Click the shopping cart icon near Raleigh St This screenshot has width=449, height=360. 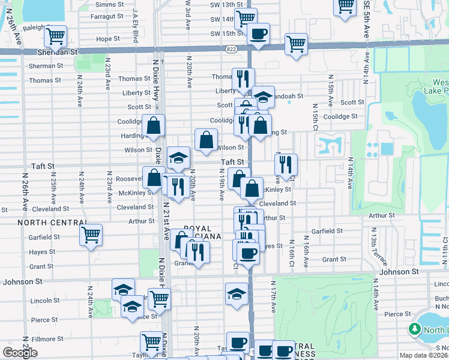[x=55, y=35]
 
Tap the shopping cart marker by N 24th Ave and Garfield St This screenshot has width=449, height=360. [x=91, y=235]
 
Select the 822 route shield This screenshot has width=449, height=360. [x=232, y=49]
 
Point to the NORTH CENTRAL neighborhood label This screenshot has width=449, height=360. [x=46, y=222]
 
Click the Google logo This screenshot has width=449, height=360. [x=20, y=353]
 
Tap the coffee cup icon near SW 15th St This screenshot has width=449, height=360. [x=259, y=34]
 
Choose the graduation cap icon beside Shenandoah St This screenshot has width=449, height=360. [x=262, y=97]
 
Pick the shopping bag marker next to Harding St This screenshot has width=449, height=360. [x=154, y=125]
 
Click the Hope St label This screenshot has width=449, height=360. [x=108, y=39]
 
